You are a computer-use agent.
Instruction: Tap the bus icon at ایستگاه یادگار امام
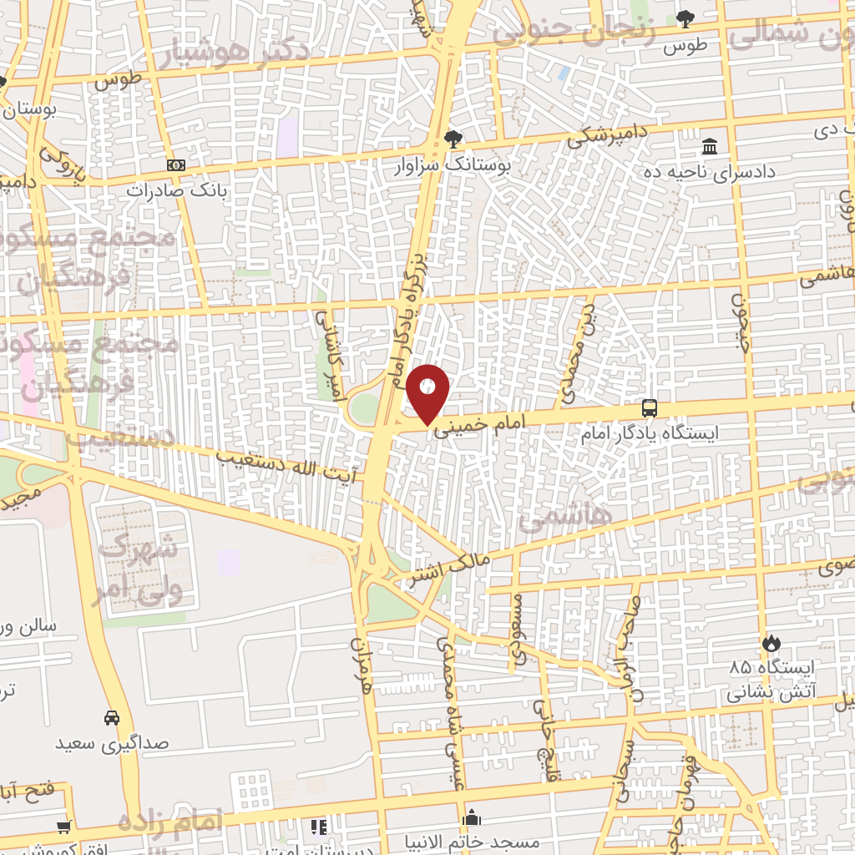click(650, 408)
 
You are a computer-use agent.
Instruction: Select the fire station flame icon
click(770, 643)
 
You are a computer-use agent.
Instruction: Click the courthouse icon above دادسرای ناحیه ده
click(710, 147)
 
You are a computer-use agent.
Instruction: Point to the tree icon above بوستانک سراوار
click(453, 138)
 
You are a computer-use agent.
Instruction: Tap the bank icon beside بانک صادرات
click(175, 165)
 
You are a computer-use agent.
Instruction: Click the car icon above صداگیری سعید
click(111, 717)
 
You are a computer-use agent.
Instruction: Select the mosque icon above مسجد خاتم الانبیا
click(472, 817)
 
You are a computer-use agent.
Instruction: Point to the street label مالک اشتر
click(448, 569)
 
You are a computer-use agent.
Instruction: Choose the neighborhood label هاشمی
click(565, 518)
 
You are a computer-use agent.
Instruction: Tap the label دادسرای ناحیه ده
click(709, 172)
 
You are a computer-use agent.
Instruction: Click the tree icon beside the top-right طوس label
click(686, 18)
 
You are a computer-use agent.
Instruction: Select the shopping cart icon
click(63, 827)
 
